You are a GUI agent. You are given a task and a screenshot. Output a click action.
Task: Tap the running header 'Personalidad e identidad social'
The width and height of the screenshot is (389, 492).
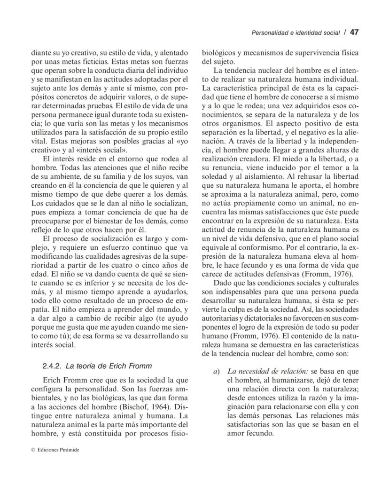pos(296,33)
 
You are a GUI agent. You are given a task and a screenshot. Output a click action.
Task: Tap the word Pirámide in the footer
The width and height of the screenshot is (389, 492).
pos(69,449)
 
